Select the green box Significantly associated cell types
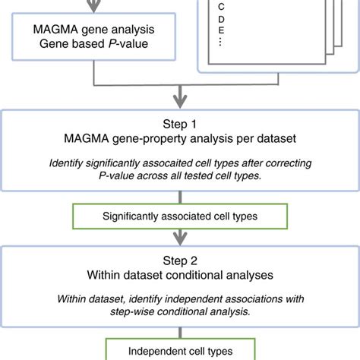tap(180, 216)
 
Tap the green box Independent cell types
tap(180, 351)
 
